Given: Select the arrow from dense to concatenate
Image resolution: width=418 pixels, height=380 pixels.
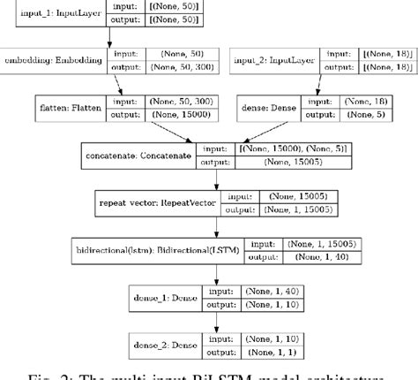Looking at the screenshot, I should point(247,133).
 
